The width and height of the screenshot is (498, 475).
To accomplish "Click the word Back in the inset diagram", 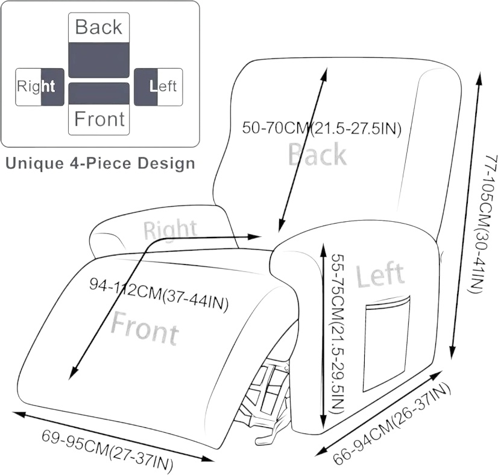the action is [99, 27].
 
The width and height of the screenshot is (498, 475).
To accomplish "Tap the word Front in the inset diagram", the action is [99, 119].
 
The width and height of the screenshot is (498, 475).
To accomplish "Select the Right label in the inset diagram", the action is [36, 86].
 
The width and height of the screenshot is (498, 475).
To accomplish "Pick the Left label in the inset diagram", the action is [163, 86].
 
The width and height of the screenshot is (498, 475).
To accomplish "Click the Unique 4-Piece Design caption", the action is [100, 163].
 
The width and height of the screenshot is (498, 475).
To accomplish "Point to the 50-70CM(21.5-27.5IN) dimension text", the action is [322, 128].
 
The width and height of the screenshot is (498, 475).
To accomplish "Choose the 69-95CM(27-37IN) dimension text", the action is [107, 450].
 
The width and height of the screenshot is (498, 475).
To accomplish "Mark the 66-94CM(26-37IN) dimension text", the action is [392, 424].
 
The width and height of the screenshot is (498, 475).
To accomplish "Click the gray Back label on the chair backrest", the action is [317, 154].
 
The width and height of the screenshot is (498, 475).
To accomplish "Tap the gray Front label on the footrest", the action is [145, 328].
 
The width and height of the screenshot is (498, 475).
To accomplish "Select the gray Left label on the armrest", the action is [380, 274].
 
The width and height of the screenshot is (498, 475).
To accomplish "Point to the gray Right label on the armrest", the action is [170, 229].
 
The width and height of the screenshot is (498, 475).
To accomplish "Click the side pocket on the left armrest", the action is [386, 344].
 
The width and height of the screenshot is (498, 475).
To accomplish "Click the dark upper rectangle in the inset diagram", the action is [99, 60].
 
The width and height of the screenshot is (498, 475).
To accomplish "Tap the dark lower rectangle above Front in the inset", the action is [99, 93].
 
